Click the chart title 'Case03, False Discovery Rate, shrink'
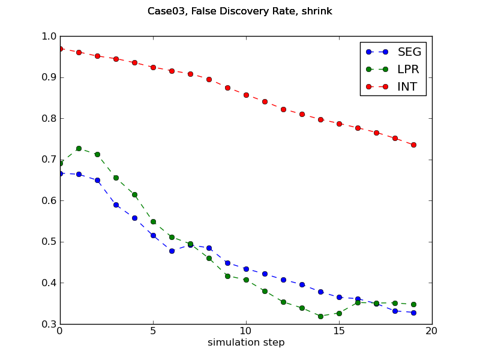click(240, 11)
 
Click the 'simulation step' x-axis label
click(246, 343)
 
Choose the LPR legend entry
click(408, 69)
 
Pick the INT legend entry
click(407, 86)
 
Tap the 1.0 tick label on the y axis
click(48, 37)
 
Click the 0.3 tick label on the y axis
click(48, 325)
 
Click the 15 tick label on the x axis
click(339, 331)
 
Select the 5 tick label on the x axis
click(153, 331)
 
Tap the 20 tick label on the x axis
click(432, 331)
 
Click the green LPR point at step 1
click(79, 148)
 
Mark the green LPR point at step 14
click(320, 316)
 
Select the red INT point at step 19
click(413, 145)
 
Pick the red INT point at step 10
click(246, 95)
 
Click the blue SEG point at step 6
click(172, 251)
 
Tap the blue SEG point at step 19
click(413, 313)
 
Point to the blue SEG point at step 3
click(116, 205)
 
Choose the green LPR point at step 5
click(153, 221)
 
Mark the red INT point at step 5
click(153, 67)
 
